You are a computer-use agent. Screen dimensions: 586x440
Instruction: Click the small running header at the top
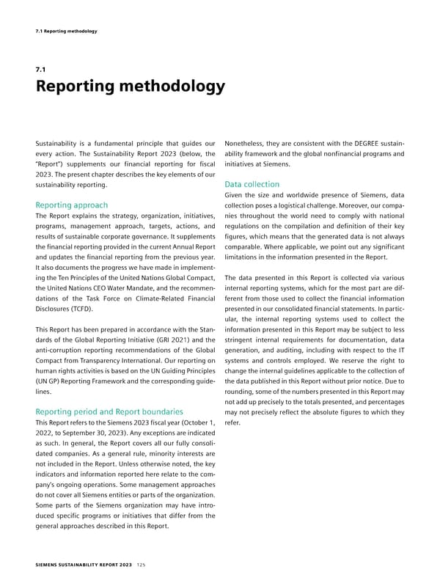[67, 31]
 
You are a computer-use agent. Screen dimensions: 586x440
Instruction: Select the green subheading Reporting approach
[71, 205]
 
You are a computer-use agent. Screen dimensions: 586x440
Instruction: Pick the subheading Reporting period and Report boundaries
[109, 411]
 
